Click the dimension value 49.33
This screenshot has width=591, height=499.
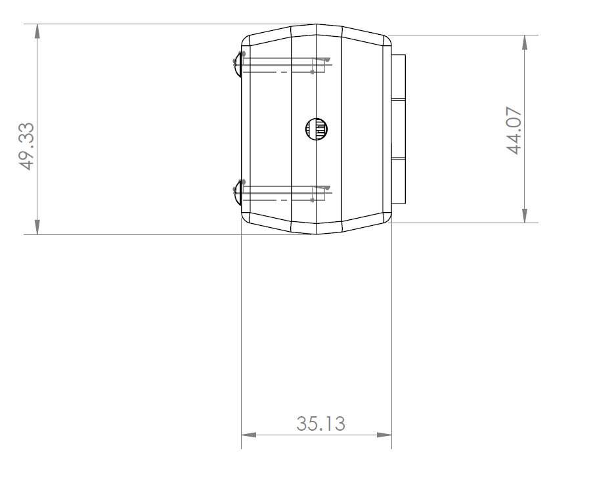pyautogui.click(x=26, y=146)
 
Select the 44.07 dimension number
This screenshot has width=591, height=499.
pyautogui.click(x=515, y=129)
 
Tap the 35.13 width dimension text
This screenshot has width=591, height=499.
pyautogui.click(x=320, y=423)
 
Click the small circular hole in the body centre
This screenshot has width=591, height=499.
pyautogui.click(x=317, y=129)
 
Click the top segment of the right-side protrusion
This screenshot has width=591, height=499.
pyautogui.click(x=399, y=76)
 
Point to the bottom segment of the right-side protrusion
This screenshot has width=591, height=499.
pyautogui.click(x=399, y=180)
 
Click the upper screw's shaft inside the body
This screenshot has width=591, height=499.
pyautogui.click(x=282, y=64)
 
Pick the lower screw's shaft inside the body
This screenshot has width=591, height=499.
pyautogui.click(x=282, y=193)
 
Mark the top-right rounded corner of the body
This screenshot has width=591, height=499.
pyautogui.click(x=386, y=41)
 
